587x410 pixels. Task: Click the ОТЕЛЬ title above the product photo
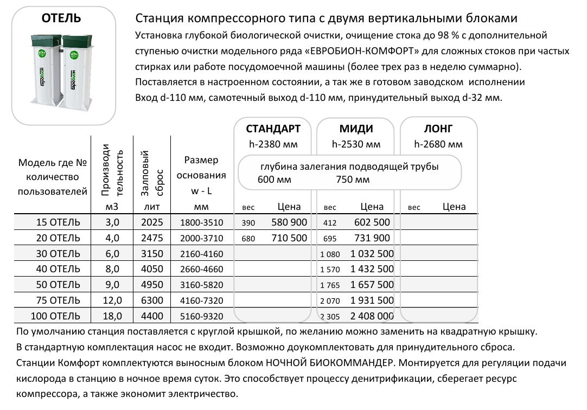tap(61, 18)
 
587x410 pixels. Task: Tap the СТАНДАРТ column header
tap(273, 129)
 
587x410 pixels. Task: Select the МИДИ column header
tap(356, 129)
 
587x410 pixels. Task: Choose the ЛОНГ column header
tap(438, 129)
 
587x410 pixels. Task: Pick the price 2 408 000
tap(372, 316)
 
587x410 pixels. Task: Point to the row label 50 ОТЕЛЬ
tap(58, 285)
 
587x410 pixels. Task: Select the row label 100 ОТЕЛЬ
tap(58, 316)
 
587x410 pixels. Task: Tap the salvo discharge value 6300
tap(151, 300)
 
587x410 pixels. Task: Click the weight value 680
tap(248, 239)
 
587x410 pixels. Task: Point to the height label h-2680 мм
tap(438, 144)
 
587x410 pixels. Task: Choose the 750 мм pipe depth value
tap(353, 180)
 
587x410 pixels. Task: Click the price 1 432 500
tap(372, 270)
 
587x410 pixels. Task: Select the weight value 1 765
tap(329, 285)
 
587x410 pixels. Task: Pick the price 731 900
tap(372, 238)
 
